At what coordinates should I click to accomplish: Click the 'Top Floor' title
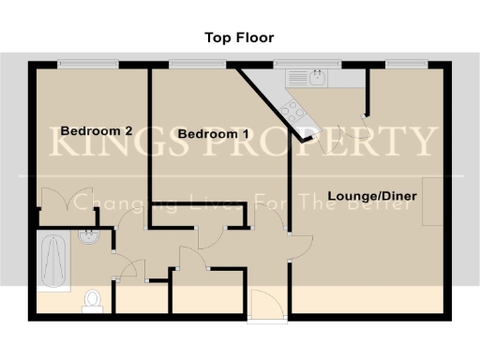tap(239, 38)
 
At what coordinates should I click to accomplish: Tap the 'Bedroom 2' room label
tap(96, 131)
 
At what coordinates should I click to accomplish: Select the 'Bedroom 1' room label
tap(214, 135)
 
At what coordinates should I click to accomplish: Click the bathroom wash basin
tap(90, 238)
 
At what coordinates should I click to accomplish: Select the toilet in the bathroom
tap(92, 300)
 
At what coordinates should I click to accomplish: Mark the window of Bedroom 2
tap(88, 64)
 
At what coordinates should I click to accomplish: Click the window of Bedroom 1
tap(198, 64)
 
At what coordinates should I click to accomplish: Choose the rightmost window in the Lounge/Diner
tap(406, 64)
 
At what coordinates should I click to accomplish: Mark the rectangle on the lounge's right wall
tap(432, 201)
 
